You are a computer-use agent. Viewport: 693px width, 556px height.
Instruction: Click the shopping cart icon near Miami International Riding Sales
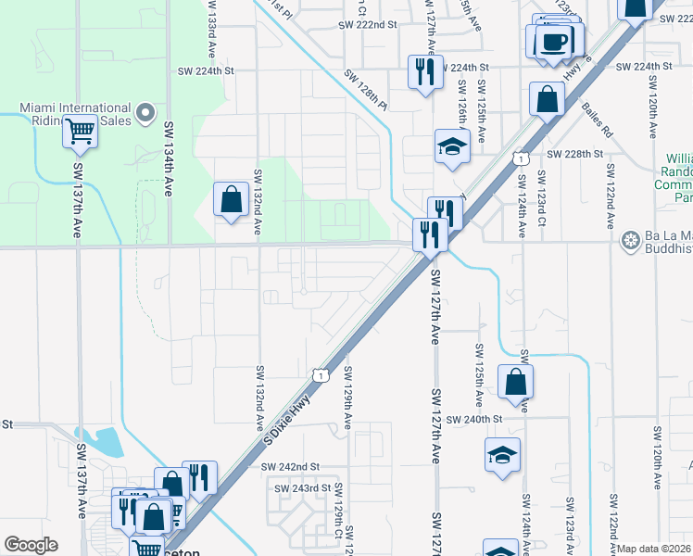pyautogui.click(x=81, y=132)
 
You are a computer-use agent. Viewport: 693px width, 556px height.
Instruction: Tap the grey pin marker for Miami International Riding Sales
pyautogui.click(x=144, y=114)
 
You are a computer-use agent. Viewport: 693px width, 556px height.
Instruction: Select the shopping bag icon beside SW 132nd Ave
pyautogui.click(x=231, y=199)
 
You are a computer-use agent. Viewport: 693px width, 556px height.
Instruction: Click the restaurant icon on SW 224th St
pyautogui.click(x=424, y=70)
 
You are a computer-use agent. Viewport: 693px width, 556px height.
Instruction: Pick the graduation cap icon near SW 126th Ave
pyautogui.click(x=452, y=146)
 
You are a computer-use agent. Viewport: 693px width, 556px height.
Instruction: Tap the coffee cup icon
pyautogui.click(x=554, y=43)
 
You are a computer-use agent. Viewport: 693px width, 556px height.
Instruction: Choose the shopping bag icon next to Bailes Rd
pyautogui.click(x=548, y=97)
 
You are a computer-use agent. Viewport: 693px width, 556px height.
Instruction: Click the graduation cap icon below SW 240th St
pyautogui.click(x=502, y=455)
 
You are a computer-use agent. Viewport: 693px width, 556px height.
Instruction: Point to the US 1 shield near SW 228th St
pyautogui.click(x=523, y=158)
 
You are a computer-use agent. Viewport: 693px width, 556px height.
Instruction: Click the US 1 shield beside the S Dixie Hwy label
pyautogui.click(x=321, y=375)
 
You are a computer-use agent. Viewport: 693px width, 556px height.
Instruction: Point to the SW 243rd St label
pyautogui.click(x=302, y=487)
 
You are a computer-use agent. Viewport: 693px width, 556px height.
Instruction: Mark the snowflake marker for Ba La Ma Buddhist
pyautogui.click(x=631, y=241)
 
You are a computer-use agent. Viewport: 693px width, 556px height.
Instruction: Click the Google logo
pyautogui.click(x=31, y=545)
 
